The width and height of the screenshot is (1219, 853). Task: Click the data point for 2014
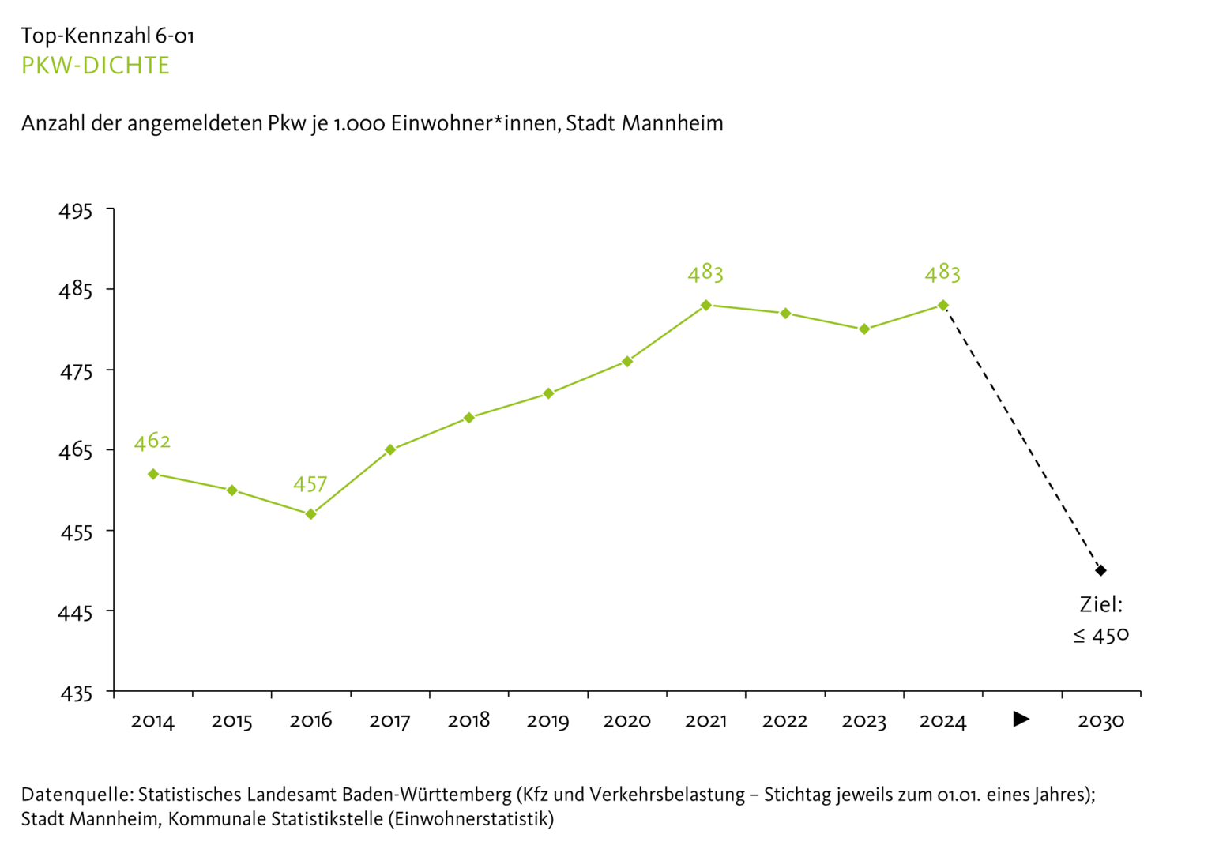click(153, 474)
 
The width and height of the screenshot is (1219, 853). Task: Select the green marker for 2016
click(311, 514)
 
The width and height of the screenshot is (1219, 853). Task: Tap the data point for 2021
click(706, 305)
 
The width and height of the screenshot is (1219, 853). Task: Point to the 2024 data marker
click(943, 305)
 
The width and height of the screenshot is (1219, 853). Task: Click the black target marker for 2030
click(1101, 570)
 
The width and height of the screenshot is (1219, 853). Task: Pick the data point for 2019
click(548, 393)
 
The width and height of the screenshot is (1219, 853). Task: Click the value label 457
click(310, 484)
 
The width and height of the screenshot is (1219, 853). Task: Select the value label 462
click(152, 441)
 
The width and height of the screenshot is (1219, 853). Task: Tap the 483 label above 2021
click(705, 273)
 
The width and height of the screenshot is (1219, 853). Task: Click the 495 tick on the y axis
click(76, 211)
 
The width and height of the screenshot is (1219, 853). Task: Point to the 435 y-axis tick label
click(76, 693)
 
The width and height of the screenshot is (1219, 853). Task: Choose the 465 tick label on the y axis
click(76, 451)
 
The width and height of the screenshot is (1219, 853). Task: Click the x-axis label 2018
click(468, 720)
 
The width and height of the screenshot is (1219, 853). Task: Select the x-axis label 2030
click(1100, 720)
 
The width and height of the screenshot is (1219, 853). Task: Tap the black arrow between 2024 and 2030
click(1021, 719)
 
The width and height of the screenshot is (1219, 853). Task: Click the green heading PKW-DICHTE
click(95, 66)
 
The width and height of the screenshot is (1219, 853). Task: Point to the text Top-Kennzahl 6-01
click(107, 36)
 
